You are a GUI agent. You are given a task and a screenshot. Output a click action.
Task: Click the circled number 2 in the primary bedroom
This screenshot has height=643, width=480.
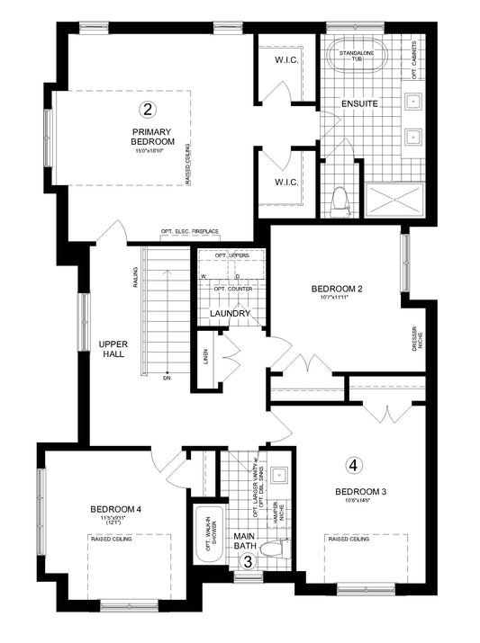coord(148,110)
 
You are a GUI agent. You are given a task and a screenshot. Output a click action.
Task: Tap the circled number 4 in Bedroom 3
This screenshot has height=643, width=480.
coord(353,466)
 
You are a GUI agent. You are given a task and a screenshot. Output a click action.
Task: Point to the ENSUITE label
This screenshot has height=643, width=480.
coord(358,103)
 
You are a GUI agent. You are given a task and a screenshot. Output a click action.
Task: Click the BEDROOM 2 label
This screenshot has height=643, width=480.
coord(335,289)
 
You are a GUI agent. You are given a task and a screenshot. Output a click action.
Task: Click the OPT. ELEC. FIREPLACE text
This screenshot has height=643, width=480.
coord(190,232)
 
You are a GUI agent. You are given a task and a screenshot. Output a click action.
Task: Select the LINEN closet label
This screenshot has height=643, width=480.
coord(206,359)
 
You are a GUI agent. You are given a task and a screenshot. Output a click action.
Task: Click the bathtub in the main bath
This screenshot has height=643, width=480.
coord(207,534)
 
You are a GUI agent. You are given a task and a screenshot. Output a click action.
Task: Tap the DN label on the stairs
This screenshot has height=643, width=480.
coord(168,377)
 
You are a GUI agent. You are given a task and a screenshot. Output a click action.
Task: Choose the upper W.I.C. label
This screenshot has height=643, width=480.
coord(285,60)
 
